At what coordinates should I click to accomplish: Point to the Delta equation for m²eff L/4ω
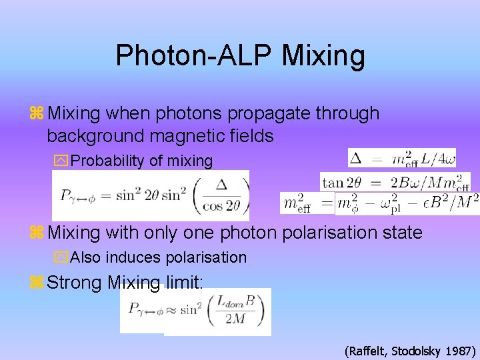point(401,159)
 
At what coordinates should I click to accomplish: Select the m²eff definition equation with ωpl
point(379,203)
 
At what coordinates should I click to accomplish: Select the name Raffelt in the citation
point(367,350)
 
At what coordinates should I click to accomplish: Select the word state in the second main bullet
point(397,233)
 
